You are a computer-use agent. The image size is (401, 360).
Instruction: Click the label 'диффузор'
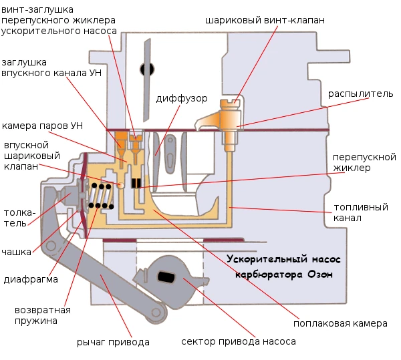(181, 99)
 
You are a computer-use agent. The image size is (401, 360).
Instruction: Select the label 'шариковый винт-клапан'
(265, 20)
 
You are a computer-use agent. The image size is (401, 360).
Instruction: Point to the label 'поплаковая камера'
(340, 323)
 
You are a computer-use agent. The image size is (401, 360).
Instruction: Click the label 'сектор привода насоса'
(238, 341)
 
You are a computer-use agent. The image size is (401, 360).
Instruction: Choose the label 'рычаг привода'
(112, 342)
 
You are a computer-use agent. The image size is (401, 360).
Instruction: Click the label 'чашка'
(18, 252)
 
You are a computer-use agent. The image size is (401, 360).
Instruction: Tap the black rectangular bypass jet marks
(136, 183)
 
